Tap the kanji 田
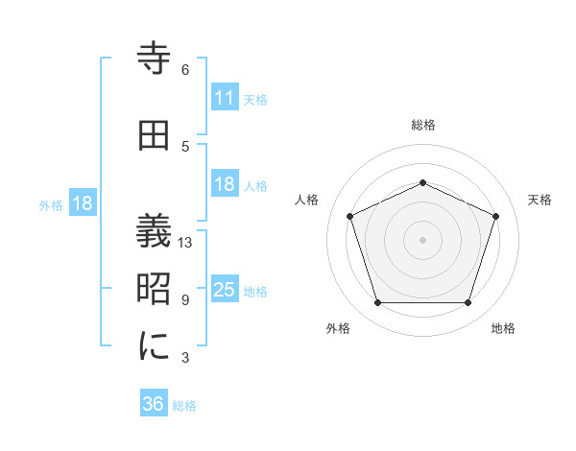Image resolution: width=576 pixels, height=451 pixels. (x=155, y=136)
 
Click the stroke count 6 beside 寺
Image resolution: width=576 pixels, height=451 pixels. (x=185, y=70)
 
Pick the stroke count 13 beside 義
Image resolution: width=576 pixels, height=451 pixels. (x=186, y=243)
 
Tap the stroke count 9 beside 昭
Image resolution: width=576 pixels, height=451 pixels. (x=185, y=300)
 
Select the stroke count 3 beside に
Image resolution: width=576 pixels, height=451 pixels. (x=185, y=358)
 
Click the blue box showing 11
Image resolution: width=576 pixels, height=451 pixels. (x=224, y=98)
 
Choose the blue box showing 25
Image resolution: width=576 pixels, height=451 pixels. (x=224, y=290)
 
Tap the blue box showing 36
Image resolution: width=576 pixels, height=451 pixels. (x=154, y=404)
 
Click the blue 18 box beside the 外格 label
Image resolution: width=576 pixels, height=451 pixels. (x=82, y=203)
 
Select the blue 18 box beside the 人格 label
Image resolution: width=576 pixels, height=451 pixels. (x=224, y=184)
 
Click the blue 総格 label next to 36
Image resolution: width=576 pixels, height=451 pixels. (x=184, y=406)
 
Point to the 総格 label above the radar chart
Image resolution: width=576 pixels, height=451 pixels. (x=422, y=125)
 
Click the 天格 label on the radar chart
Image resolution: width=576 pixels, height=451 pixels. (x=540, y=200)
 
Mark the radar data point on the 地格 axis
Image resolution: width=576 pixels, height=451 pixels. (x=468, y=303)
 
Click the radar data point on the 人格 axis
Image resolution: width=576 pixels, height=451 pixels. (x=349, y=216)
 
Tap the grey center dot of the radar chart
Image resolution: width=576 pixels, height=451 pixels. (x=422, y=240)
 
